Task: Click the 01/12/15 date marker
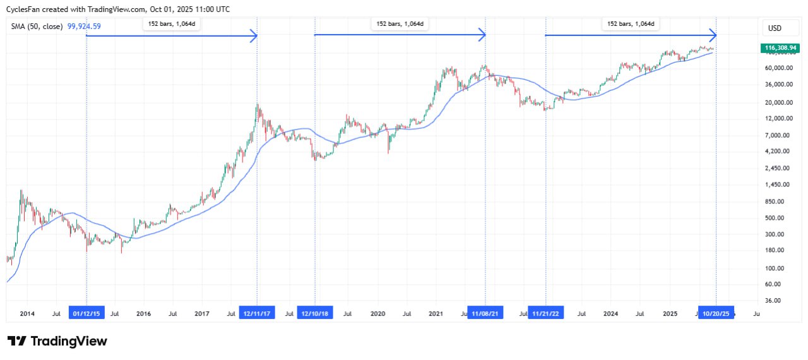86,313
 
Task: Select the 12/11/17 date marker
257,313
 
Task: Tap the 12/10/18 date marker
315,313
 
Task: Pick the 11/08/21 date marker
485,313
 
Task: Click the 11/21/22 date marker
545,313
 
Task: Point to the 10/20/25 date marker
716,313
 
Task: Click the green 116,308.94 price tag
780,47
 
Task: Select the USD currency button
774,28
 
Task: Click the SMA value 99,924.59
84,27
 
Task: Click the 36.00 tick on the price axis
773,301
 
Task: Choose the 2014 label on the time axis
27,313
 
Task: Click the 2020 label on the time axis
377,313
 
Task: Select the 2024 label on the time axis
610,313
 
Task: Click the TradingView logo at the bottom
57,341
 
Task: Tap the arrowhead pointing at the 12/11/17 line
254,36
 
